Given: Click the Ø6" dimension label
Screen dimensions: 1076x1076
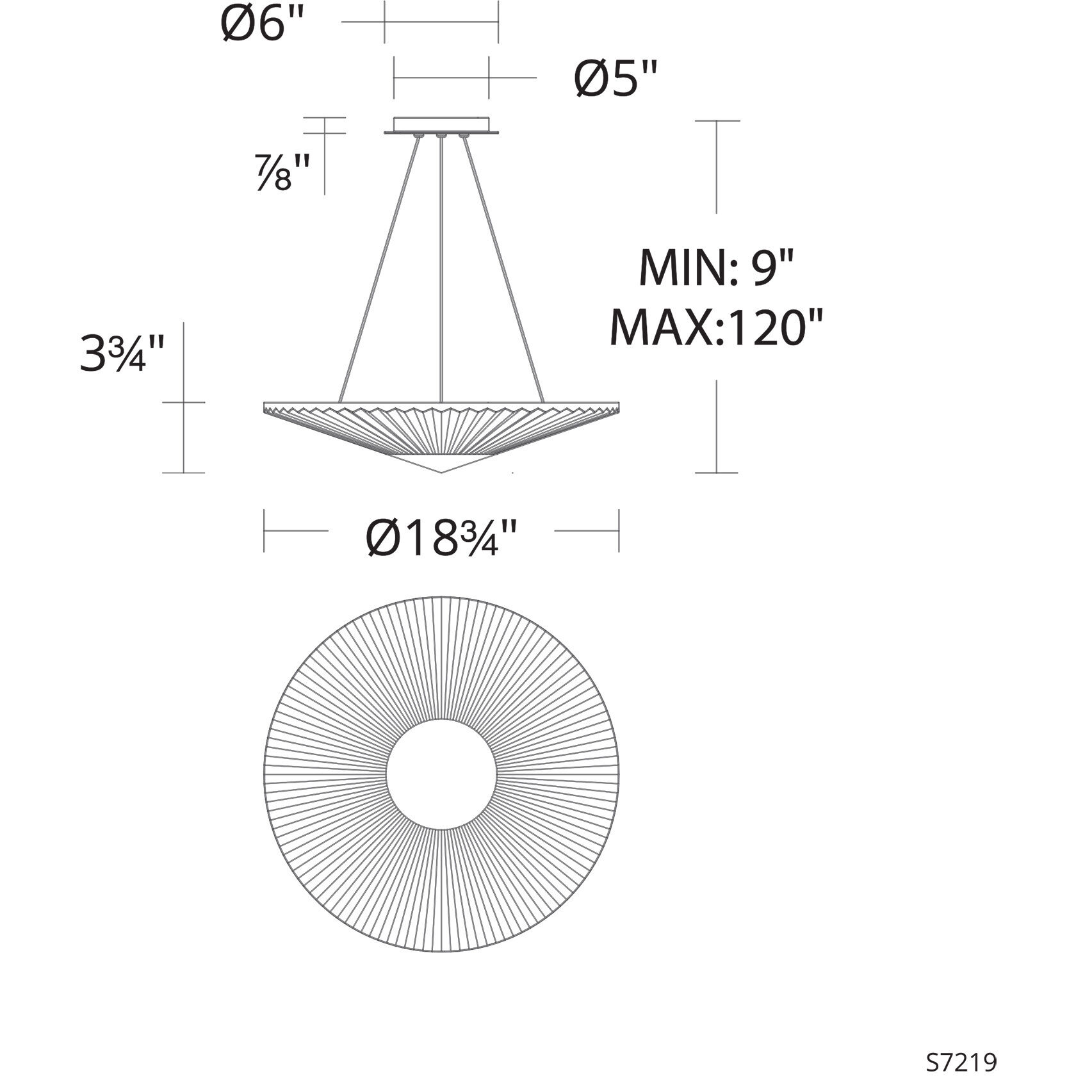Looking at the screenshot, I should click(x=261, y=24).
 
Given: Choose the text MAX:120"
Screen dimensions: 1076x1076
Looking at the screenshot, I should click(x=715, y=327).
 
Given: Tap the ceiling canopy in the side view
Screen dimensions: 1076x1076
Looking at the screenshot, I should click(x=441, y=125).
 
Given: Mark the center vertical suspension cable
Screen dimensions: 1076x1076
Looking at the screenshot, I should click(x=441, y=269).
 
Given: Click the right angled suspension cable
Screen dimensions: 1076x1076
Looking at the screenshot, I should click(x=503, y=269).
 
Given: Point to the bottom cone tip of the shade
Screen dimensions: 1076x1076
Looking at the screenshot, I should click(x=441, y=473).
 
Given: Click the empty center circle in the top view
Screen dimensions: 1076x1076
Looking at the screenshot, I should click(x=441, y=774).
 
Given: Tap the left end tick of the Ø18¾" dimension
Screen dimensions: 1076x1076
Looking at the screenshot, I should click(x=264, y=530).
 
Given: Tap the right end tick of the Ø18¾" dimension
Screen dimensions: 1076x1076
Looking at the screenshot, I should click(x=619, y=530).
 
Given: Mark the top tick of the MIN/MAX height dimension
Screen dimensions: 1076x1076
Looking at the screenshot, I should click(x=717, y=120).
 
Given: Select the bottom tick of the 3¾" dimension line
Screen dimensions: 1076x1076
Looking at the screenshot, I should click(x=184, y=473).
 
